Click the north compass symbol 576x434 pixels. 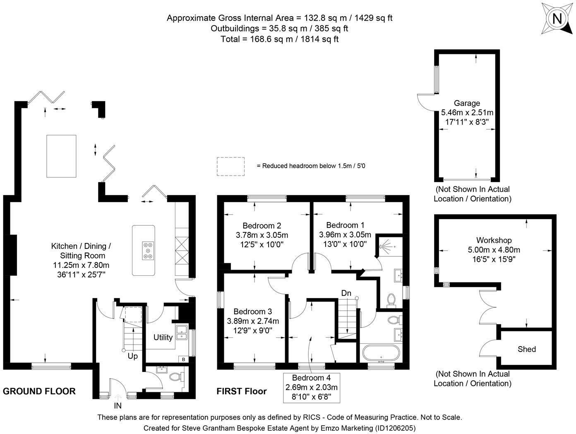coord(557,19)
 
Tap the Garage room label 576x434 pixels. coord(467,103)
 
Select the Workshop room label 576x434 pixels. coord(494,240)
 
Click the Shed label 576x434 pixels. coord(526,349)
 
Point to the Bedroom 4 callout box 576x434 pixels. coord(311,388)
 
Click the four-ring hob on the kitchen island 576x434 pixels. coord(148,251)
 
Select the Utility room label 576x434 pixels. coord(163,337)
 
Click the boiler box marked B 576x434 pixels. coord(183,359)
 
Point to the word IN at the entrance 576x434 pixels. coord(118,406)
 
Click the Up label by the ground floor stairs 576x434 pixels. coord(132,356)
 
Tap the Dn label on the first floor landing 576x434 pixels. coord(346,293)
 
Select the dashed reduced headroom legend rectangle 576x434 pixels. coord(230,166)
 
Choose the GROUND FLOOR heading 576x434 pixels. coord(39,391)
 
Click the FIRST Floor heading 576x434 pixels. coord(242,391)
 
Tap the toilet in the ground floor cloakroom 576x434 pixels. coord(176,376)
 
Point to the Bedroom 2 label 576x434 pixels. coord(262,226)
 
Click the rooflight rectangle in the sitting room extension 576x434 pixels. coord(61,156)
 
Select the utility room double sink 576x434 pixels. coord(181,332)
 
